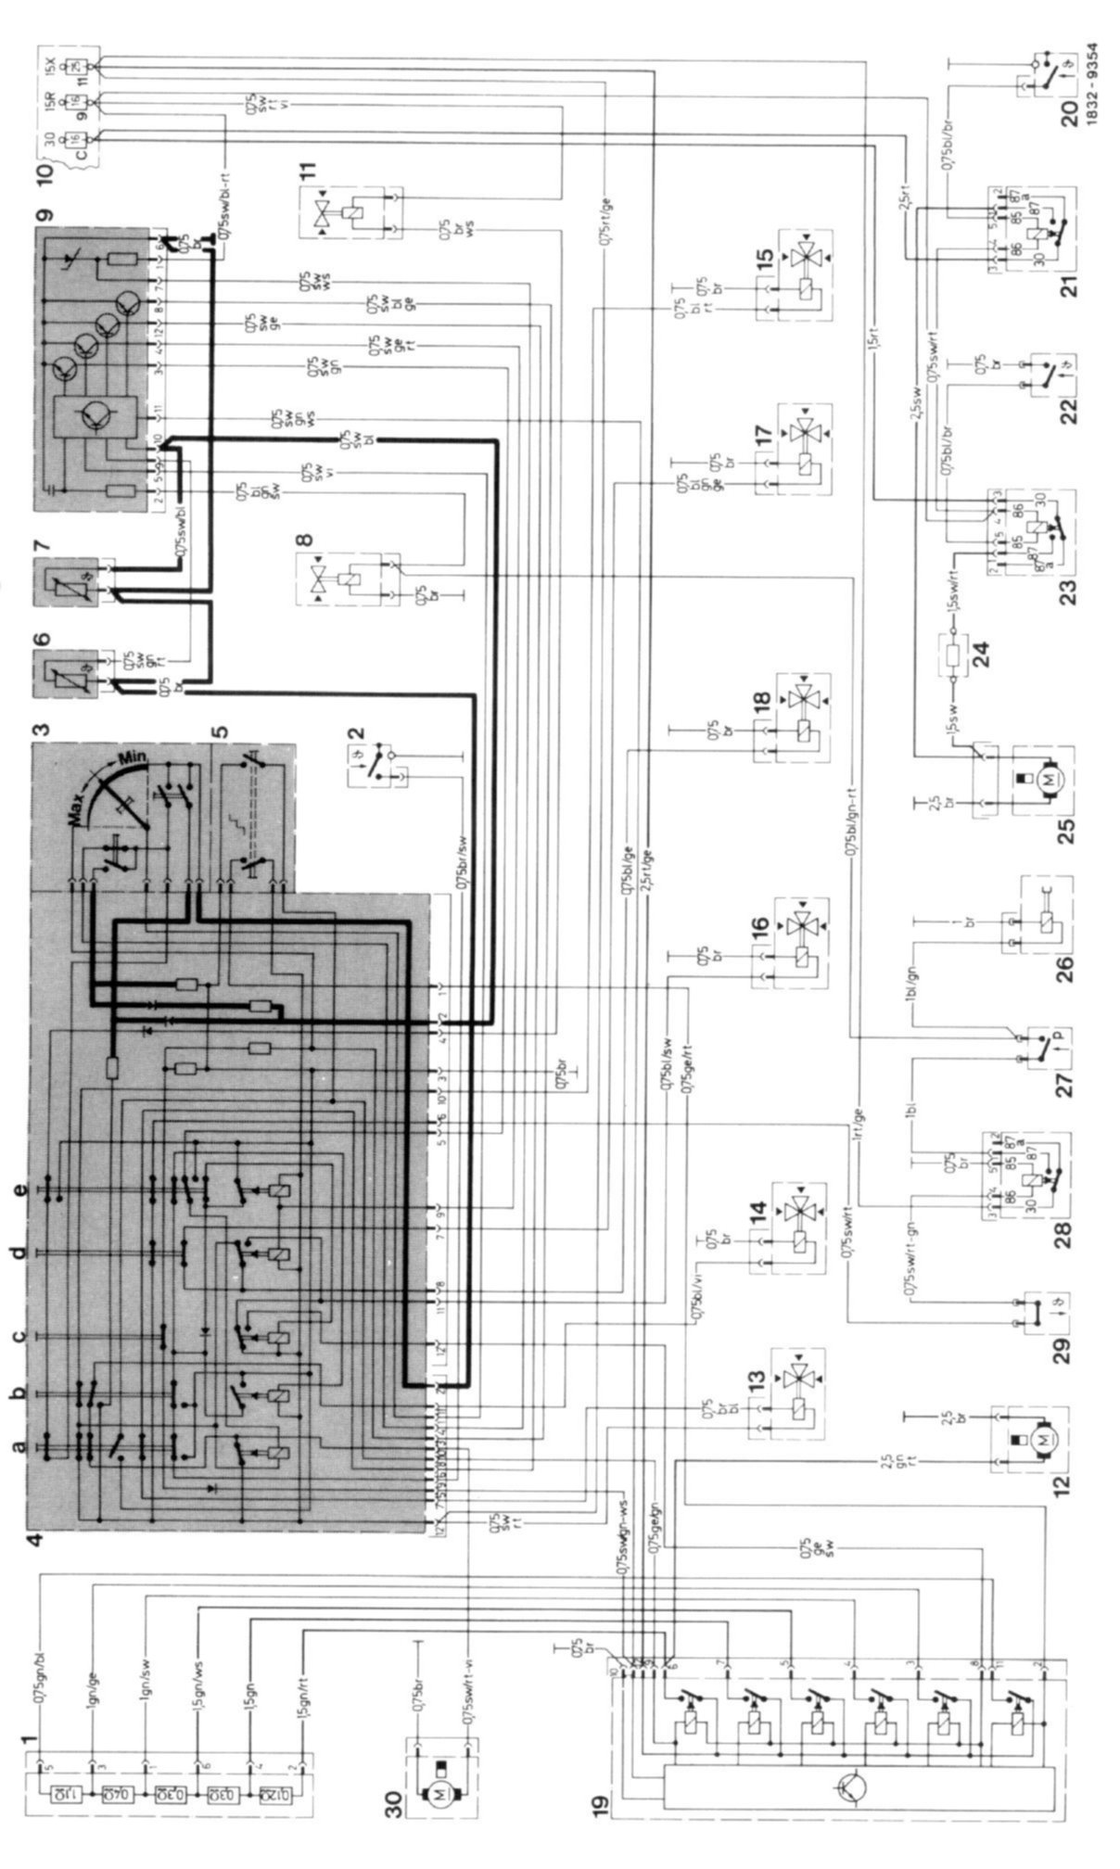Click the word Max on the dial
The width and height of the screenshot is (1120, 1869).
coord(88,799)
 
